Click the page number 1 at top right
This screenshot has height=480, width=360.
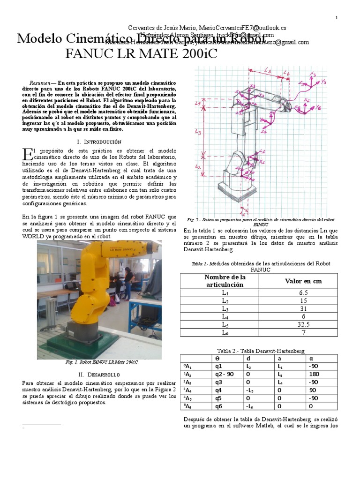pos(337,18)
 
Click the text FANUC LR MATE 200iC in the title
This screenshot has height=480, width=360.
pos(142,54)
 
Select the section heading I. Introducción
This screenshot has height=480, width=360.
pos(98,141)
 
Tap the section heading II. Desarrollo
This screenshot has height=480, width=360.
pos(98,375)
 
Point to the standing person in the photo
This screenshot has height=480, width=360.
pos(128,281)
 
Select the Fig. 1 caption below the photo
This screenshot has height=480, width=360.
pos(99,362)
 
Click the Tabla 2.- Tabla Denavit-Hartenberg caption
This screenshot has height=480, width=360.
pos(261,351)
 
